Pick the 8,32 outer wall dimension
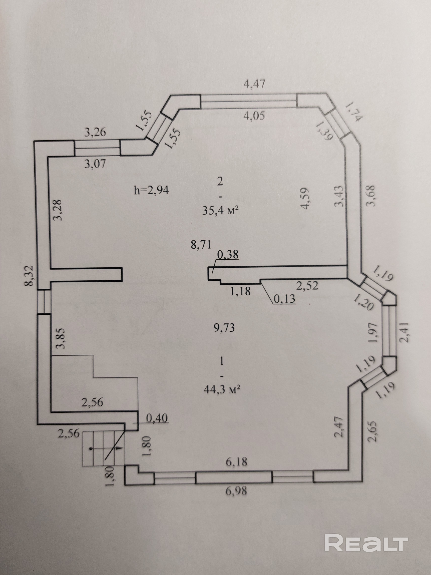[x=30, y=276]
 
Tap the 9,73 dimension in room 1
[x=224, y=328]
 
